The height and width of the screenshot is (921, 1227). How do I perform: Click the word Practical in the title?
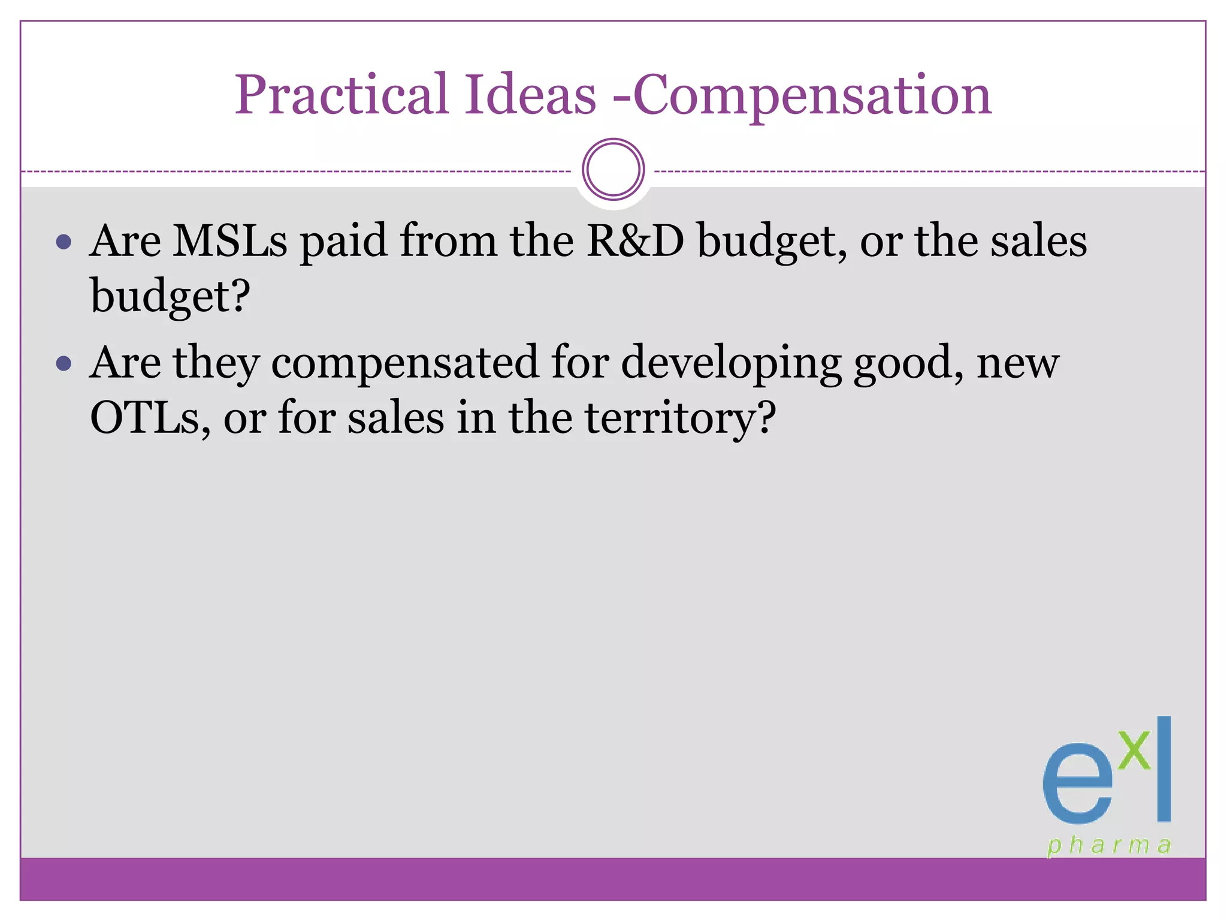[x=341, y=96]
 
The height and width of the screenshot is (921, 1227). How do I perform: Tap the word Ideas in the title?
[x=531, y=96]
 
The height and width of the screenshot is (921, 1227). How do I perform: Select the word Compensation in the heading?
[x=812, y=96]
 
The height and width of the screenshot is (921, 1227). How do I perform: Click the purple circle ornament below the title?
[x=613, y=170]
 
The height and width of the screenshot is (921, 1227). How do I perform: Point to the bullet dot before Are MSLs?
[x=64, y=242]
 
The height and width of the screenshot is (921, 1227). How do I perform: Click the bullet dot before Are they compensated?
[x=64, y=363]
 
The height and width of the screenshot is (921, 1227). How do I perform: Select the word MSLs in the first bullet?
[x=229, y=241]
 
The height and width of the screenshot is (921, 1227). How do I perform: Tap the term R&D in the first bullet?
[x=634, y=241]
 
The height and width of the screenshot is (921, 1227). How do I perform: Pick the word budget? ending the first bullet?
[x=170, y=297]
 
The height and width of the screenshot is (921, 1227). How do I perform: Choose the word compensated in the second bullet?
[x=404, y=363]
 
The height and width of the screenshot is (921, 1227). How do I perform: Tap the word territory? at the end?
[x=680, y=418]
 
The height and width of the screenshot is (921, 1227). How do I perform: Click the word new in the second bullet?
[x=1018, y=364]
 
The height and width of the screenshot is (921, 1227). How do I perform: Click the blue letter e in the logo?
[x=1077, y=785]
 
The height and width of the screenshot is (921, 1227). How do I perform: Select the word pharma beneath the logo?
[x=1109, y=845]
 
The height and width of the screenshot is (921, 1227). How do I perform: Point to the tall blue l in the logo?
[x=1163, y=769]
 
